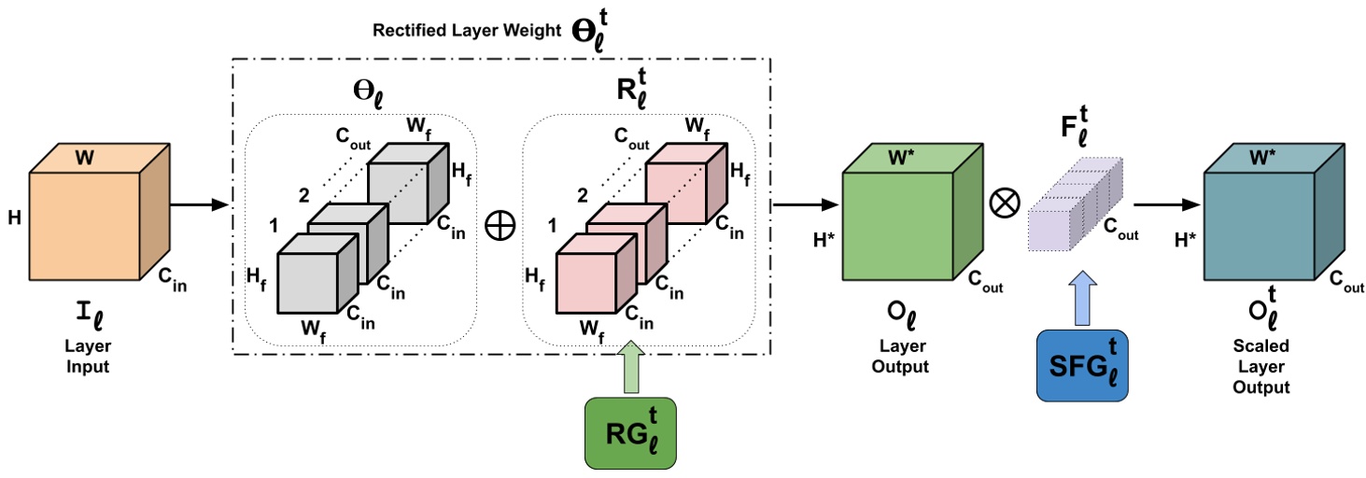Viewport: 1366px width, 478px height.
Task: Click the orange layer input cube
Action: point(86,223)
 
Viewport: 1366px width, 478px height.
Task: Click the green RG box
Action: point(630,432)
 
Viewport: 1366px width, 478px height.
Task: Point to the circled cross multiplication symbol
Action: point(1007,203)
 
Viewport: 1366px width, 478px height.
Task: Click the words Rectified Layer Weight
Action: point(467,29)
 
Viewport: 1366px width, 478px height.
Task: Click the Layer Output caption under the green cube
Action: point(900,358)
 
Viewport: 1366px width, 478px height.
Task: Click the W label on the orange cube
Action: point(84,157)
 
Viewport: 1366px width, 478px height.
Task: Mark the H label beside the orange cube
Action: point(15,220)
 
